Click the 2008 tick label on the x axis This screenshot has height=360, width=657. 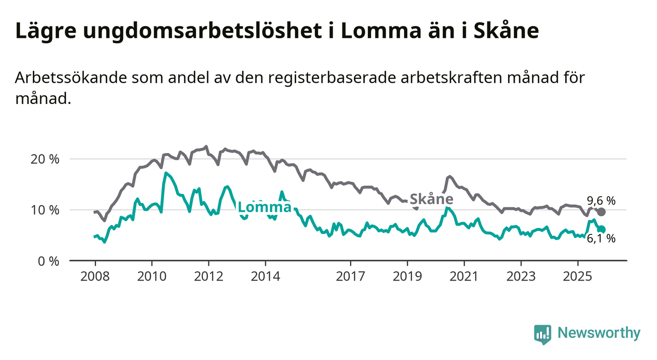click(x=95, y=277)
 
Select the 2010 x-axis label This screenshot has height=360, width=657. click(x=152, y=277)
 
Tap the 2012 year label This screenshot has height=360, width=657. click(x=208, y=277)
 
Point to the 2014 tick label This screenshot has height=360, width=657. click(x=265, y=277)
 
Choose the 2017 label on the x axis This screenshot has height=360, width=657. click(x=350, y=277)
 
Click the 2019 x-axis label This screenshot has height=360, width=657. click(x=407, y=277)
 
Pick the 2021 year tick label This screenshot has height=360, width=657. click(x=464, y=277)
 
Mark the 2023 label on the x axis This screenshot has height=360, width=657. click(x=521, y=277)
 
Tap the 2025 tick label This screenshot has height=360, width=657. click(x=578, y=277)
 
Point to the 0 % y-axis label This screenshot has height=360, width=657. click(x=48, y=261)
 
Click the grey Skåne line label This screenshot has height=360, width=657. click(x=431, y=199)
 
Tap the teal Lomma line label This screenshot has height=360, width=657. click(x=264, y=207)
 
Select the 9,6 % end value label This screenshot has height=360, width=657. click(x=601, y=200)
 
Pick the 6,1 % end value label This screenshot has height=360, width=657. click(x=601, y=239)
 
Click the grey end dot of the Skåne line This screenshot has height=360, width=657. click(x=601, y=212)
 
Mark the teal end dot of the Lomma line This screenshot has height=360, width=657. click(x=602, y=230)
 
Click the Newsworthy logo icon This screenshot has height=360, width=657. click(x=542, y=334)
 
